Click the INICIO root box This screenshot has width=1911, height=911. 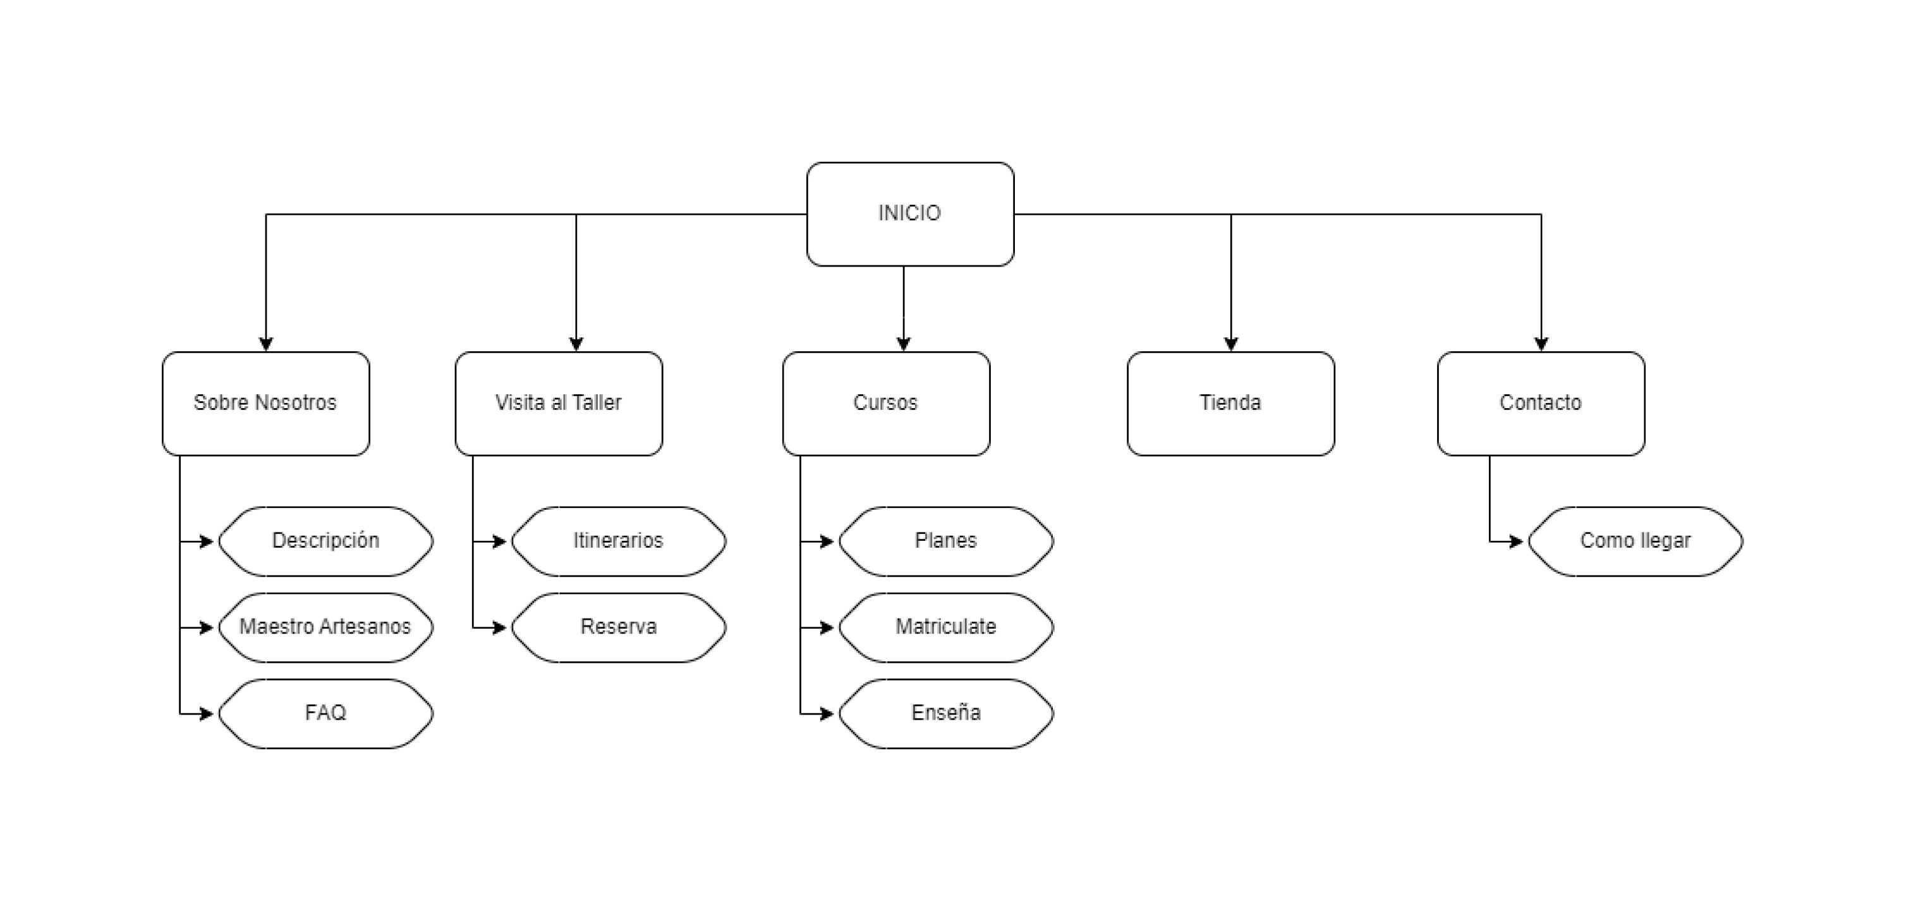(x=909, y=214)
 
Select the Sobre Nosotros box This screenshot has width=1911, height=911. (x=265, y=403)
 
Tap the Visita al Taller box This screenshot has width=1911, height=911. (x=559, y=403)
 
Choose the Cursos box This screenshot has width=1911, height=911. (x=886, y=403)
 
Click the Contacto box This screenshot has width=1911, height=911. (x=1540, y=403)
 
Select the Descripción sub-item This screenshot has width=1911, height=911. (x=325, y=541)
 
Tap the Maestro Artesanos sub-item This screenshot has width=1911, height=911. (x=325, y=627)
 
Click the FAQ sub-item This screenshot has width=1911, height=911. (x=325, y=713)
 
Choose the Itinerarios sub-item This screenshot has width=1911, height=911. (x=618, y=541)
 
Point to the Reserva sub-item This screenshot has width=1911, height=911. (x=618, y=627)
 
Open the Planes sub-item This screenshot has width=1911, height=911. (x=946, y=541)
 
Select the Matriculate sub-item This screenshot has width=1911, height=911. (x=946, y=627)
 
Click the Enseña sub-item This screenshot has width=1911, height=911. (x=946, y=713)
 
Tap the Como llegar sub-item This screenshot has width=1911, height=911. (x=1635, y=541)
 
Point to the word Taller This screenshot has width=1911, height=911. (x=597, y=403)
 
